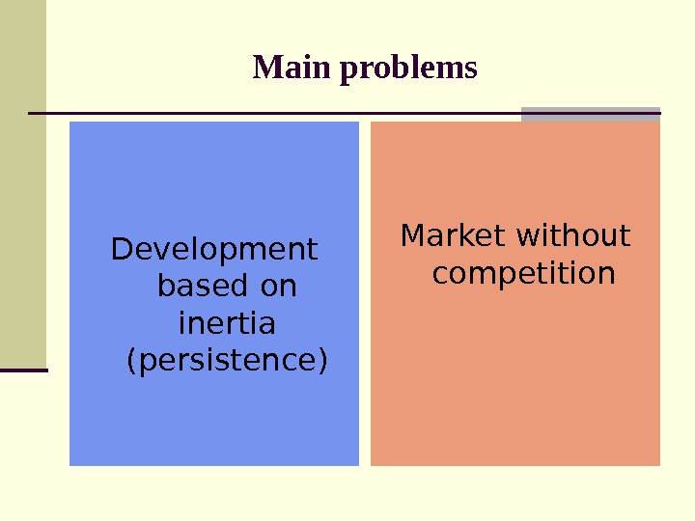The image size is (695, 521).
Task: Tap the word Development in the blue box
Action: tap(214, 250)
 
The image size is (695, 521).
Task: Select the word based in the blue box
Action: tap(191, 287)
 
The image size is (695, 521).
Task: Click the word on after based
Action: tap(278, 287)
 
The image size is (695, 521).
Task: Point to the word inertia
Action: tap(228, 322)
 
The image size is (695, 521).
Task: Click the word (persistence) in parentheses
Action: tap(228, 360)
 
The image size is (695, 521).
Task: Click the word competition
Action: tap(523, 273)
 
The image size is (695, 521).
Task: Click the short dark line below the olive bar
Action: tap(23, 370)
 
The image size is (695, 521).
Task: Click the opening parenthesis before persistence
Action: tap(132, 361)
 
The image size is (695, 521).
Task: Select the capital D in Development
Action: tap(123, 250)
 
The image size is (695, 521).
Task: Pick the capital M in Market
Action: tap(414, 236)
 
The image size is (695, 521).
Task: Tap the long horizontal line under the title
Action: tap(270, 114)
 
